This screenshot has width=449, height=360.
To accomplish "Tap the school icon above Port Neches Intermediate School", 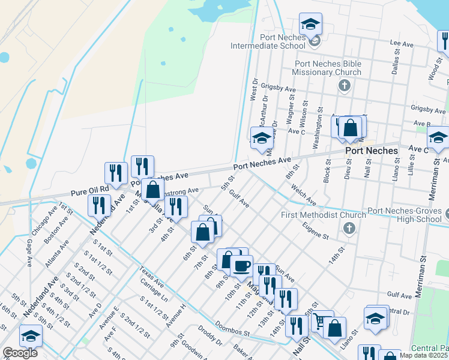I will (310, 25).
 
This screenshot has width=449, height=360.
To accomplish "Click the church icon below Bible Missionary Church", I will (345, 85).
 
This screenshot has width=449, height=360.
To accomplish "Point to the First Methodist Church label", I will (324, 215).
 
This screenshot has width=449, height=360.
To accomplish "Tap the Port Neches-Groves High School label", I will (405, 215).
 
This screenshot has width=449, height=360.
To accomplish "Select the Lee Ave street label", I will (402, 44).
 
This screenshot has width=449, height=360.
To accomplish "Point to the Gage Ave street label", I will (29, 253).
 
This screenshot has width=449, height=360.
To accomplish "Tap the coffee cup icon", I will (242, 265).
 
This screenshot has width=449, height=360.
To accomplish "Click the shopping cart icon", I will (322, 320).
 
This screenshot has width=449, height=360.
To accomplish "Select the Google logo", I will (20, 353).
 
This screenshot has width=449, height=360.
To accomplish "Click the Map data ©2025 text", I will (424, 355).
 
